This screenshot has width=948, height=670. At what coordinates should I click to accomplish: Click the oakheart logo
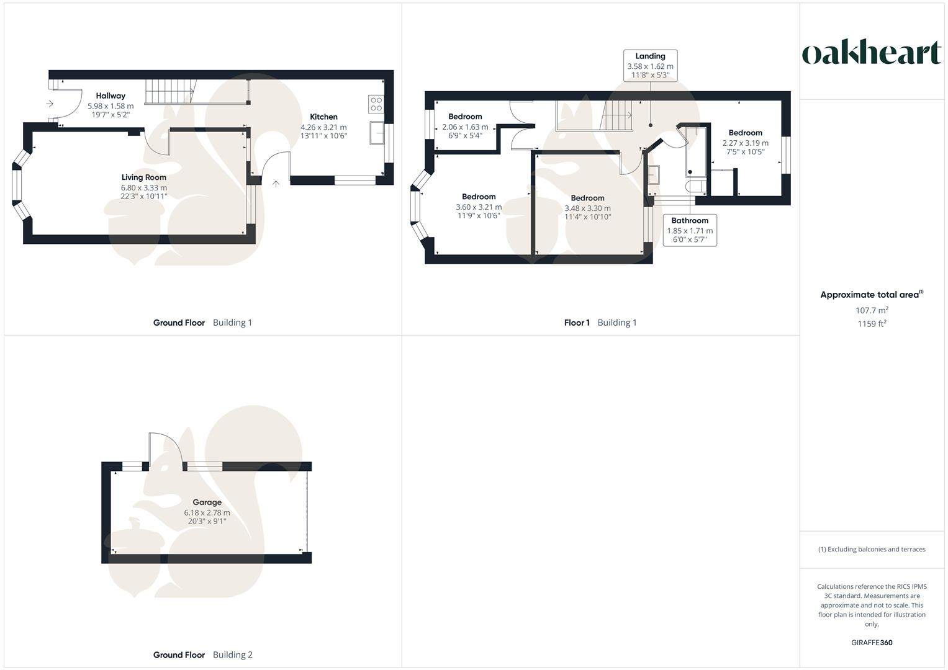click(872, 53)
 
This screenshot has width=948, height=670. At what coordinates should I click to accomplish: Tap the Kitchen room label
click(323, 117)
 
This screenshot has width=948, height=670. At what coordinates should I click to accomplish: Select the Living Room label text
click(143, 177)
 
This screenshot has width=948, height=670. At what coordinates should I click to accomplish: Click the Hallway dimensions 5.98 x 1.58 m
click(111, 106)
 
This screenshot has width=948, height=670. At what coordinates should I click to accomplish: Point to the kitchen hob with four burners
click(376, 104)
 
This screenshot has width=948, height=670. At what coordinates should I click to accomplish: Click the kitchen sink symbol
click(376, 133)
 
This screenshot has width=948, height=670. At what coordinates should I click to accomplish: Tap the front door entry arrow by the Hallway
click(50, 104)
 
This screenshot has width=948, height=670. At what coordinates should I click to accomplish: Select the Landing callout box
click(650, 66)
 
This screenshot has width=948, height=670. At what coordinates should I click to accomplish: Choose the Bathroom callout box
click(690, 230)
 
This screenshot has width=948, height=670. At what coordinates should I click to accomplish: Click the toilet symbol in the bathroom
click(695, 187)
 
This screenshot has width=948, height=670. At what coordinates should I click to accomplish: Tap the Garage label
click(207, 502)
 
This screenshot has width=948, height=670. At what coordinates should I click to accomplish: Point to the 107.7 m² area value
click(872, 310)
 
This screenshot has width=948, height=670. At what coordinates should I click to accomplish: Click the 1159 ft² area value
click(872, 324)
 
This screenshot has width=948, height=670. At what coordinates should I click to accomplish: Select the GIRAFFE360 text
click(872, 643)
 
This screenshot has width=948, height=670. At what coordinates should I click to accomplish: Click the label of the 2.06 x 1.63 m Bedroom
click(465, 117)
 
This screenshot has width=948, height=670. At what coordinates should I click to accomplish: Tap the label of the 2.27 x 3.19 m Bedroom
click(745, 133)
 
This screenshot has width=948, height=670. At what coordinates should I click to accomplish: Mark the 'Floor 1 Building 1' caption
click(600, 323)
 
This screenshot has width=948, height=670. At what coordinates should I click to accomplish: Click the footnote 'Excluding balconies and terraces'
click(872, 549)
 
